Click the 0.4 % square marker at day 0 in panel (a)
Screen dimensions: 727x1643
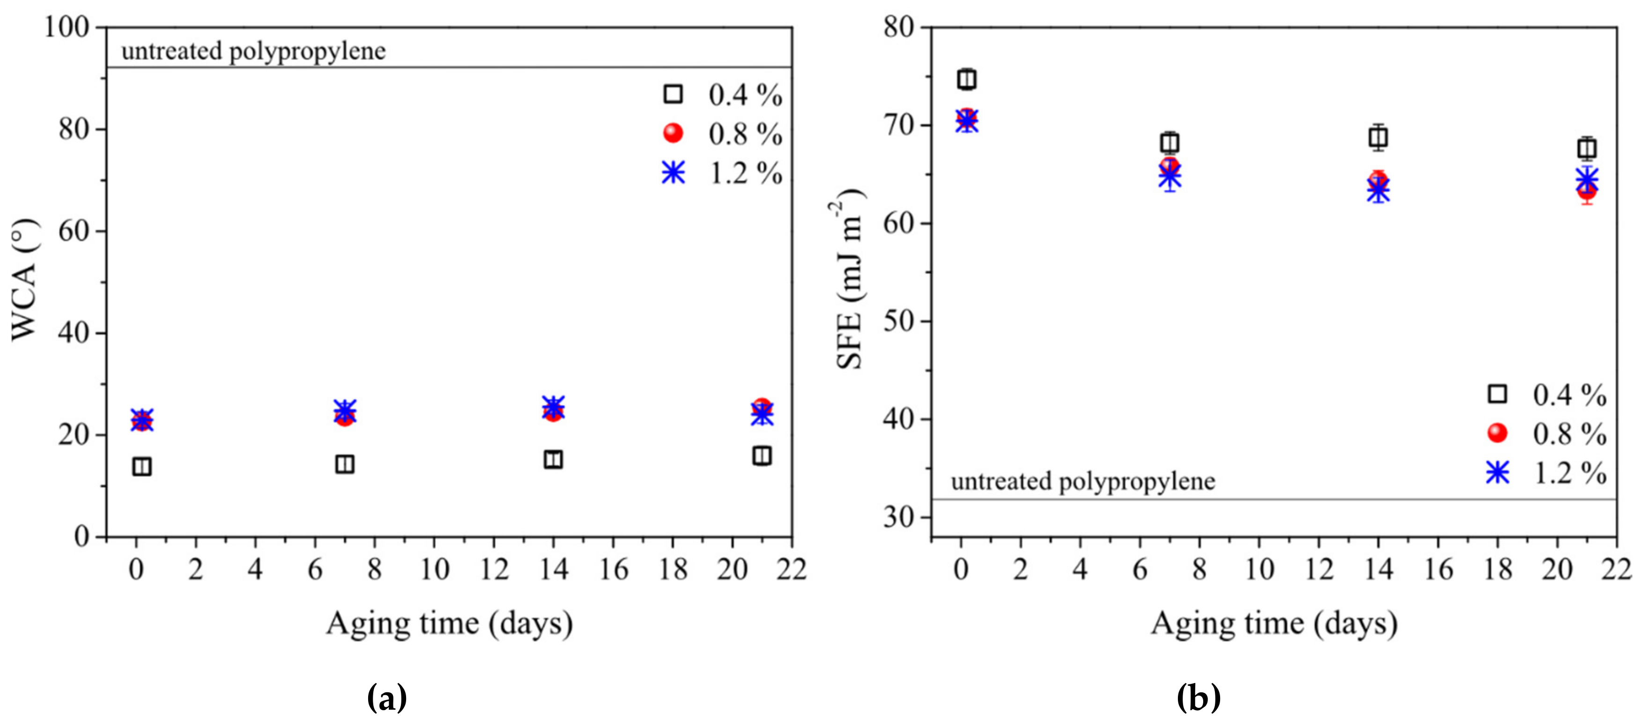point(141,467)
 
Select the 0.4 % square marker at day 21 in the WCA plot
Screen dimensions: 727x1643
point(762,456)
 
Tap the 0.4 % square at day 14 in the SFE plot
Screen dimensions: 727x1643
point(1378,137)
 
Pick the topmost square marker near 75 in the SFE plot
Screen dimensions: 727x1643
point(967,79)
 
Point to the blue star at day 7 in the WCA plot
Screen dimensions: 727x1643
point(344,410)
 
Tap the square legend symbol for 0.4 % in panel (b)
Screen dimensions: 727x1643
point(1497,394)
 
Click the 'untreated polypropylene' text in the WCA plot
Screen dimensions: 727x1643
point(253,51)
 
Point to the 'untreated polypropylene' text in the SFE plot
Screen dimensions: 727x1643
point(1082,481)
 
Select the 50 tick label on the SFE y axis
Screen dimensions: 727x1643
point(898,321)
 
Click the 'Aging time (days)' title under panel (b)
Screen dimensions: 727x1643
point(1274,623)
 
